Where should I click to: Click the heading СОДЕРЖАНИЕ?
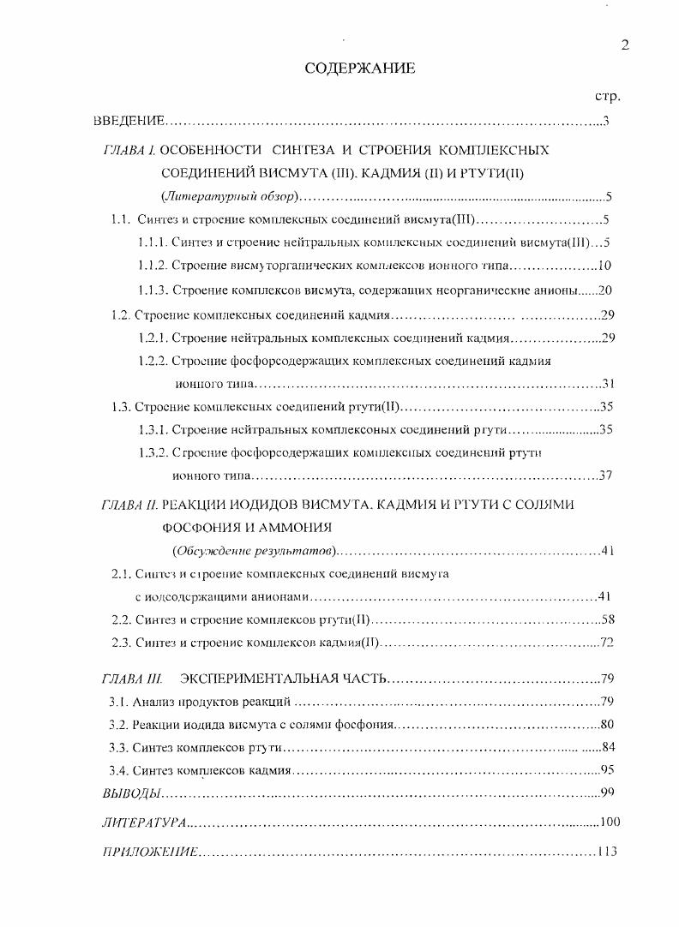[x=359, y=69]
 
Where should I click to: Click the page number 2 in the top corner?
[x=625, y=46]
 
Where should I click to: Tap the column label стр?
[x=607, y=96]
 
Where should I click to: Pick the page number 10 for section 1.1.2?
[x=604, y=265]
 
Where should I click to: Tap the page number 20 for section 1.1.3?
[x=604, y=290]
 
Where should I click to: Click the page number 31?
[x=608, y=383]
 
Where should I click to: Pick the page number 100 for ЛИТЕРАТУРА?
[x=610, y=822]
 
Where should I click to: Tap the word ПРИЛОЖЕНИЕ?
[x=150, y=852]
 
